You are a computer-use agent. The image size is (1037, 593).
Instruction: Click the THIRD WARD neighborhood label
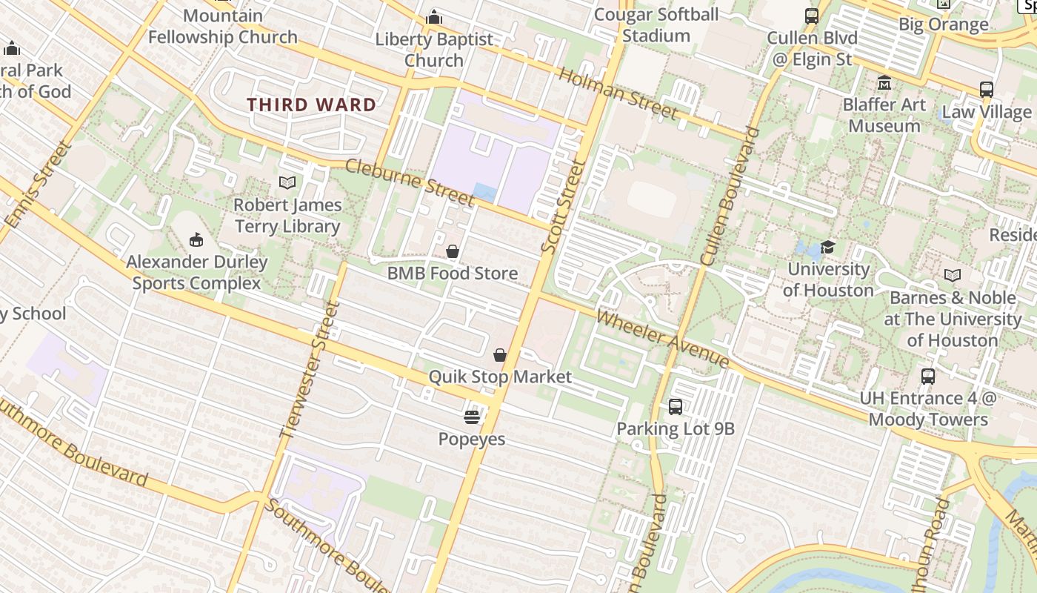pyautogui.click(x=311, y=105)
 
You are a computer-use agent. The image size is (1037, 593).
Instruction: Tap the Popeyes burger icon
pyautogui.click(x=472, y=417)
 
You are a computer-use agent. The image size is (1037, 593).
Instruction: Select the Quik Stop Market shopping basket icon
pyautogui.click(x=500, y=355)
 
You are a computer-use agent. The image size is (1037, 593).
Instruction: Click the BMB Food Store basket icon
pyautogui.click(x=453, y=252)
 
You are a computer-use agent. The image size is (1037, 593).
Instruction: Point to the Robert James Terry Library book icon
pyautogui.click(x=287, y=182)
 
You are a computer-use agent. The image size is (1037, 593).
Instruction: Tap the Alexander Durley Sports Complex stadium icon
pyautogui.click(x=196, y=239)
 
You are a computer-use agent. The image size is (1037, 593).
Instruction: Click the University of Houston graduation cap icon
pyautogui.click(x=827, y=247)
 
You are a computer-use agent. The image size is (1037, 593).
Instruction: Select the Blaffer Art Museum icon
pyautogui.click(x=884, y=82)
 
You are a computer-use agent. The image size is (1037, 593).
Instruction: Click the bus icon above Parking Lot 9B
pyautogui.click(x=675, y=406)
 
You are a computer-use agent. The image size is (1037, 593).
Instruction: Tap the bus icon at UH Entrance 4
pyautogui.click(x=928, y=376)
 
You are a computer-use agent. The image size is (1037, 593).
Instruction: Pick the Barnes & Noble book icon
pyautogui.click(x=952, y=276)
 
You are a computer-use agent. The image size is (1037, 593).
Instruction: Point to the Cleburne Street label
pyautogui.click(x=410, y=182)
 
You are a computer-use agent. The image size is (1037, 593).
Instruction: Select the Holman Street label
pyautogui.click(x=618, y=93)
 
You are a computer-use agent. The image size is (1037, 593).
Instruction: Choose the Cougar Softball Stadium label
pyautogui.click(x=656, y=24)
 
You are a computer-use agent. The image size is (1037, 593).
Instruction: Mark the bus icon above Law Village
pyautogui.click(x=986, y=90)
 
